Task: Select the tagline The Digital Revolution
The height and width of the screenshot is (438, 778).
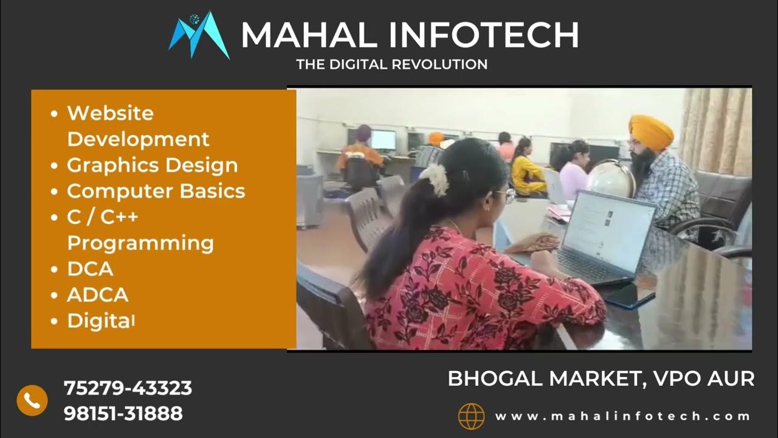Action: (391, 64)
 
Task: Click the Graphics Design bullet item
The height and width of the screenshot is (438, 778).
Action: (152, 165)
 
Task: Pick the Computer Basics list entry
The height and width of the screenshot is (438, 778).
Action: (156, 191)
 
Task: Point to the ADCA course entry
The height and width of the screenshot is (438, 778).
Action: (97, 295)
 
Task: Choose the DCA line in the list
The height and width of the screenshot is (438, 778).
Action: (90, 269)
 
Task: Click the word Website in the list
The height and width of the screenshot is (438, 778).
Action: (110, 113)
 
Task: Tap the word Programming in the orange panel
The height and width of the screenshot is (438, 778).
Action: (140, 243)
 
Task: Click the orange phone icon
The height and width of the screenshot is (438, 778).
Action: (32, 400)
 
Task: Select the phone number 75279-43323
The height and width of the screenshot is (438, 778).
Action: (128, 388)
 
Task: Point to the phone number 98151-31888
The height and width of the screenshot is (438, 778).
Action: (123, 414)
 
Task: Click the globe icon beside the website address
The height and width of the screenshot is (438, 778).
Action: (471, 417)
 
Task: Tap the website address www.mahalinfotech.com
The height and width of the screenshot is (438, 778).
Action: (622, 417)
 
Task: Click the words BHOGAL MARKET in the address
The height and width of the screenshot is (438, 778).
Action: (542, 378)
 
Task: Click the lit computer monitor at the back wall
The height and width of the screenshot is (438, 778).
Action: (383, 140)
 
